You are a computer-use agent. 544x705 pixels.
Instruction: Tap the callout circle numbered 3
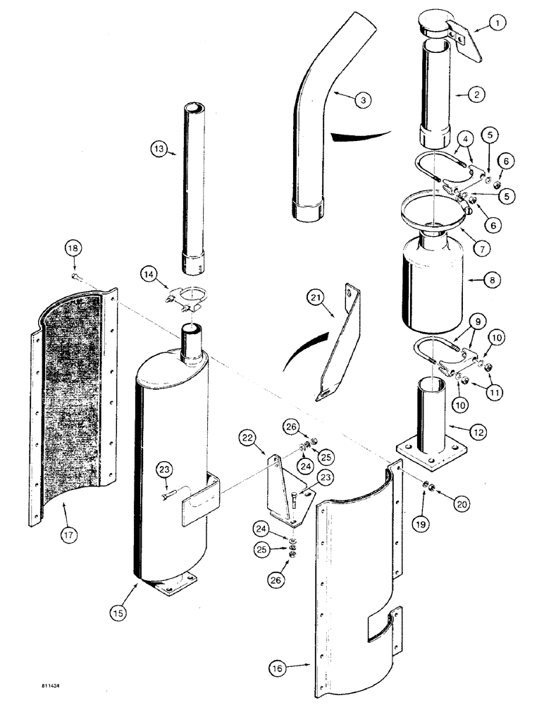click(x=363, y=100)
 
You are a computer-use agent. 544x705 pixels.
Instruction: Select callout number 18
click(x=73, y=247)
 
